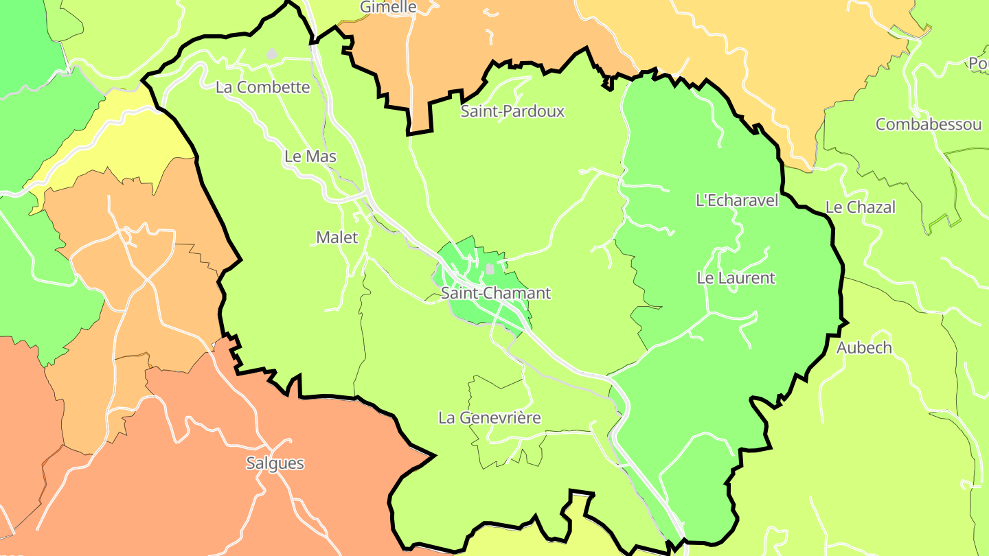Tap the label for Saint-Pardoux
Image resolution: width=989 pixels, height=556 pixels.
tap(512, 111)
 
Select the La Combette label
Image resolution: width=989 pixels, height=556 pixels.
tap(262, 88)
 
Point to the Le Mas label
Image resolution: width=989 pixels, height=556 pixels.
tap(310, 157)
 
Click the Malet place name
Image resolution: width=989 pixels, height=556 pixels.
tap(337, 238)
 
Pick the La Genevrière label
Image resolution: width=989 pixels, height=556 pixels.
tap(490, 417)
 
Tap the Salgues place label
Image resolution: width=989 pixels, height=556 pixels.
tap(275, 463)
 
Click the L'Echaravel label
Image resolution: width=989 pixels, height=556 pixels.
tap(737, 200)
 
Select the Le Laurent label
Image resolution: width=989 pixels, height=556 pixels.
tap(736, 278)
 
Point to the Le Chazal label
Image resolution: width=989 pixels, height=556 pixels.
tap(861, 207)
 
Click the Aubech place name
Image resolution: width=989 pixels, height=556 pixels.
tap(864, 347)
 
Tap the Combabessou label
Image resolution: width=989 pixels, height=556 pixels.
tap(928, 124)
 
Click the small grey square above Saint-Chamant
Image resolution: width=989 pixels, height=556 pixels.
tap(490, 269)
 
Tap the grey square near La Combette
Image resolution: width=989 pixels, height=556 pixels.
tap(272, 54)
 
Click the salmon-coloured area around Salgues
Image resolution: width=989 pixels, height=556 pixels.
tap(206, 494)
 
